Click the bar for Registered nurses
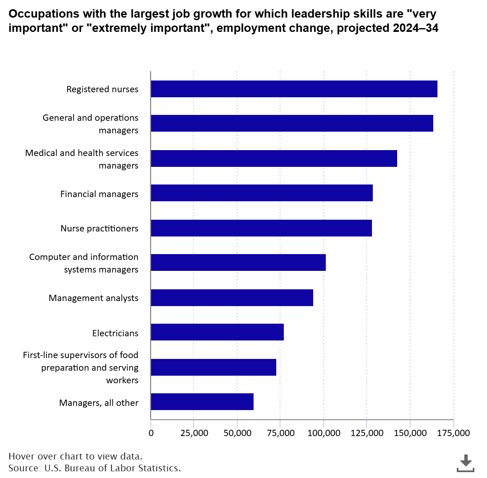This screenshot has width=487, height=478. click(x=294, y=89)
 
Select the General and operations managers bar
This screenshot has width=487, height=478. click(x=292, y=123)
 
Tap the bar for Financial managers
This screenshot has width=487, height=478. click(x=262, y=193)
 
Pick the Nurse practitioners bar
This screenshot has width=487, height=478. click(x=261, y=228)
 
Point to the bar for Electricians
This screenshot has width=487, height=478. click(x=217, y=332)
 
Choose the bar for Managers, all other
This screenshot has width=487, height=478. click(x=202, y=402)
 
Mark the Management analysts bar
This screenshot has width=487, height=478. click(x=232, y=297)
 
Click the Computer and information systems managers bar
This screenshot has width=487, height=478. click(x=238, y=262)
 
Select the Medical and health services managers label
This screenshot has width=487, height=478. click(x=82, y=159)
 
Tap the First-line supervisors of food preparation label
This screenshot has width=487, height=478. click(x=81, y=367)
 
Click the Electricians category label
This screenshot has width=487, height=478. click(x=115, y=333)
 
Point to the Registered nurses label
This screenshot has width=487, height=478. click(x=102, y=89)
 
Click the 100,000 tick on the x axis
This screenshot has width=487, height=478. click(x=324, y=433)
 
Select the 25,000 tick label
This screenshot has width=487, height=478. click(x=194, y=433)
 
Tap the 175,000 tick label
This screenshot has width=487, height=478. click(x=453, y=433)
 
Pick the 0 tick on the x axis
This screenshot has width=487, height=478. click(x=151, y=433)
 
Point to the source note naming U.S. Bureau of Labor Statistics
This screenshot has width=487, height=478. click(x=94, y=468)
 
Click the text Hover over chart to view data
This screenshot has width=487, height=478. click(x=75, y=456)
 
